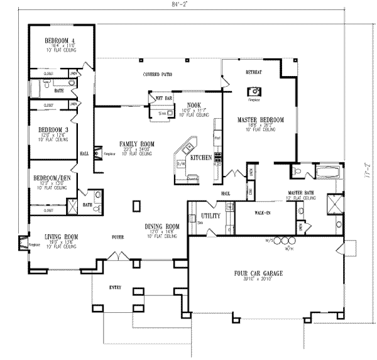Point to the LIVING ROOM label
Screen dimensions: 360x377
tap(61, 237)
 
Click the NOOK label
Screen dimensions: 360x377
tap(193, 105)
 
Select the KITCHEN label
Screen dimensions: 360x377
tap(201, 158)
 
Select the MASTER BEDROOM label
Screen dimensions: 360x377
tap(260, 119)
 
